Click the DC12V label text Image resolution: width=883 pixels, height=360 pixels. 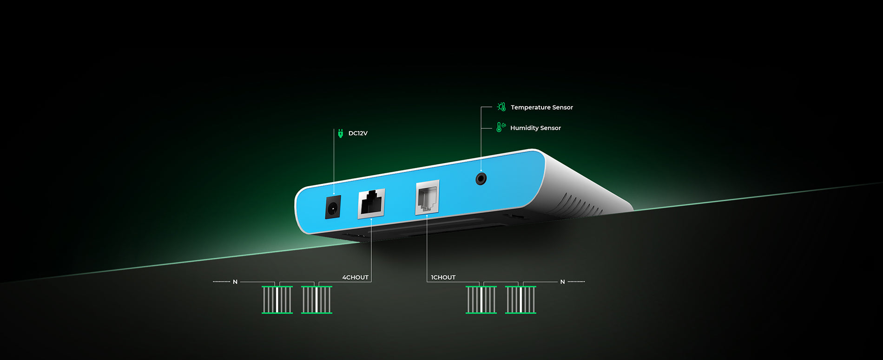tap(358, 133)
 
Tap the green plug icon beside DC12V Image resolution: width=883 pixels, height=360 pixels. tap(340, 133)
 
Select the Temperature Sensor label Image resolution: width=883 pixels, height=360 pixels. tap(542, 107)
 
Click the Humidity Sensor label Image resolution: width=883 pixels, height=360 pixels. tap(535, 128)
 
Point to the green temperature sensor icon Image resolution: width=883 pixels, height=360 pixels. tap(501, 107)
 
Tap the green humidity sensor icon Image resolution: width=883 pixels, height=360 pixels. tap(501, 127)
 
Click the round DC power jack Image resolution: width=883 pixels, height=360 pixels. tap(333, 207)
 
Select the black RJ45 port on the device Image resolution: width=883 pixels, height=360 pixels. tap(371, 203)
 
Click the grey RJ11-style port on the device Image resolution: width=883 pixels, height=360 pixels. tap(427, 197)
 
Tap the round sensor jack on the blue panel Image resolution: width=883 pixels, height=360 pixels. tap(481, 178)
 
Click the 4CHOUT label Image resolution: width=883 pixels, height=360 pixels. tap(355, 277)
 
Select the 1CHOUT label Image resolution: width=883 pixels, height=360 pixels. tap(443, 277)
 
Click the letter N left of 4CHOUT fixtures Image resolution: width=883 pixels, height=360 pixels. tap(235, 282)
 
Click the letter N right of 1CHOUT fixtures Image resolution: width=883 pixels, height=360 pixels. tap(562, 282)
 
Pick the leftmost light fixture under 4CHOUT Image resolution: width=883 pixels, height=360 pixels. tap(277, 300)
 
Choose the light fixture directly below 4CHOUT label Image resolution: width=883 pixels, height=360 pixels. tap(316, 300)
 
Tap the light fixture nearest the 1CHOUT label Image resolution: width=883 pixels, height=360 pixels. tap(481, 300)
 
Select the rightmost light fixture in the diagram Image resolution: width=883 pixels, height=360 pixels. tap(521, 300)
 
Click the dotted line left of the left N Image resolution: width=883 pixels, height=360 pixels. tap(222, 281)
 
